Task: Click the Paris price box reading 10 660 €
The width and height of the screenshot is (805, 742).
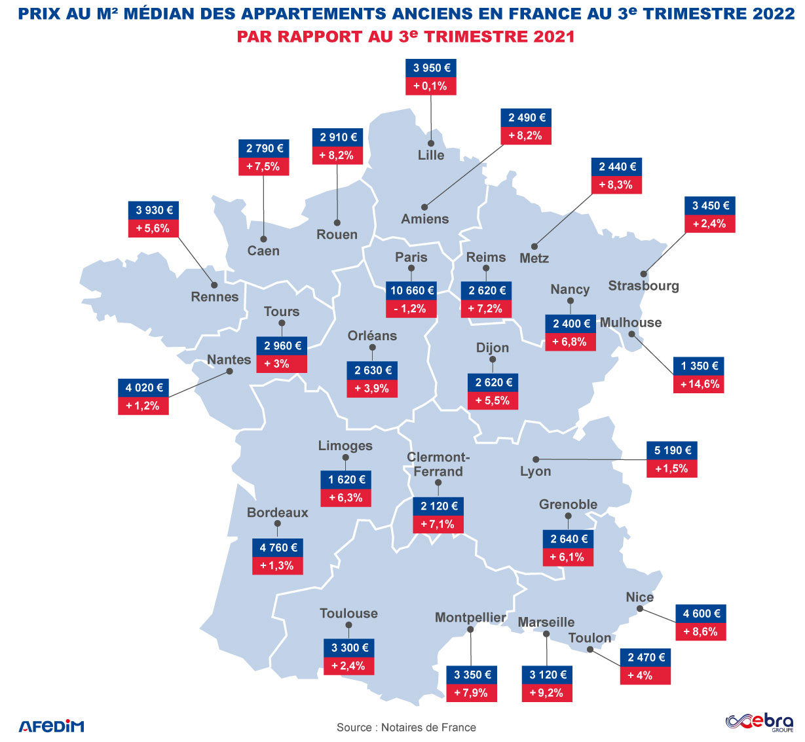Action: point(412,291)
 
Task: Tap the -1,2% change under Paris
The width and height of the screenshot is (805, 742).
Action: point(411,309)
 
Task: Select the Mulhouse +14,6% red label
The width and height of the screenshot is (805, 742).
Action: point(699,384)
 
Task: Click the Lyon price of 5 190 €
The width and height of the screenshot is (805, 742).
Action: point(672,450)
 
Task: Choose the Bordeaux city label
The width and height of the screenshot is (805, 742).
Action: point(277,512)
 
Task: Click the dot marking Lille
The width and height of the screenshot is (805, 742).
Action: point(431,143)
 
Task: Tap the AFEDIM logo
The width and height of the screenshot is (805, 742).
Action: point(51,726)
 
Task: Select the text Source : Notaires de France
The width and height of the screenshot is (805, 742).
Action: point(406,727)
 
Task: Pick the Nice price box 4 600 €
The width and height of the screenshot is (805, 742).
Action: point(701,614)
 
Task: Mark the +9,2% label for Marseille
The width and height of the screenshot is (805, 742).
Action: point(547,693)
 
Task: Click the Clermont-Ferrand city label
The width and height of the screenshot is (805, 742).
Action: point(438,464)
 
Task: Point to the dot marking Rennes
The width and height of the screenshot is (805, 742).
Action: point(214,285)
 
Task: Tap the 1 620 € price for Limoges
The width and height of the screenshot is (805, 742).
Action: point(346,480)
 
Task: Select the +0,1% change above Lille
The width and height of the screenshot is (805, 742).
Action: point(431,86)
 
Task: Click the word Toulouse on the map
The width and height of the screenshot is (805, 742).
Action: point(348,613)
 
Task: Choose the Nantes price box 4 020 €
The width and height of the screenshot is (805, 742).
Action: point(143,387)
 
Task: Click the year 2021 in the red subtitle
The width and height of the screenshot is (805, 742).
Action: point(553,37)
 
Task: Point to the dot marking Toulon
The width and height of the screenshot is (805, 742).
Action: point(590,649)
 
